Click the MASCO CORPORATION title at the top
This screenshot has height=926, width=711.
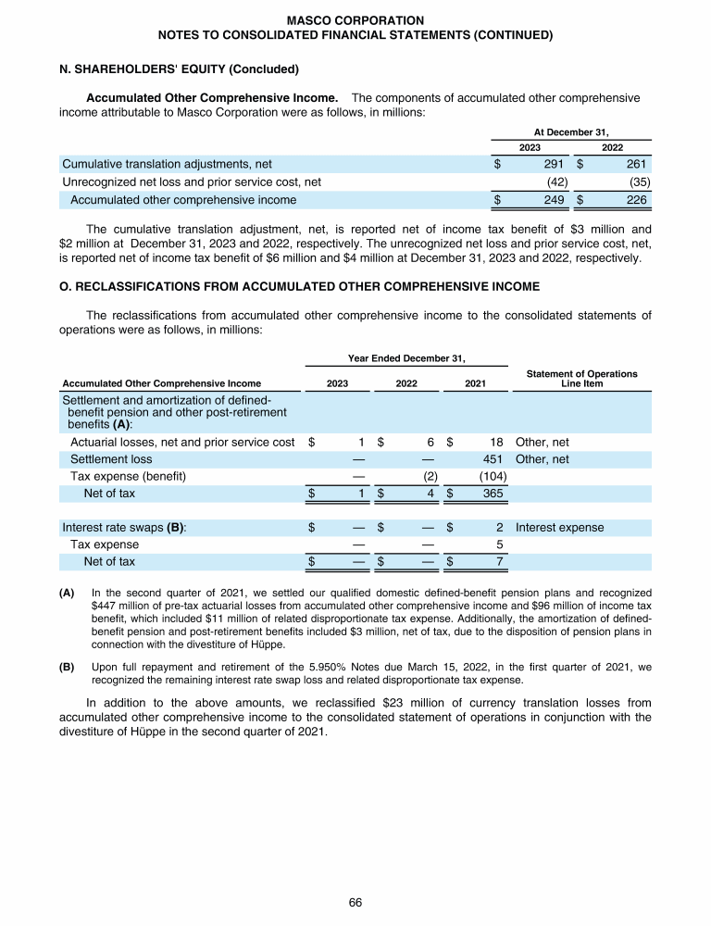pos(355,19)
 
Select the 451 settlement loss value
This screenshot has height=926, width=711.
pos(493,459)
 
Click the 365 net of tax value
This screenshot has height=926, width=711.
pos(493,494)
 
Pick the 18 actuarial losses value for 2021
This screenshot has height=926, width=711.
pos(496,442)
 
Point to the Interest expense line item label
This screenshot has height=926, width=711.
pos(559,528)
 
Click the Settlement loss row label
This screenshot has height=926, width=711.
pos(112,459)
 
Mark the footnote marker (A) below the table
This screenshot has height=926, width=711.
pos(67,592)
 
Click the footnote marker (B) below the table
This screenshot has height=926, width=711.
pos(67,665)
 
